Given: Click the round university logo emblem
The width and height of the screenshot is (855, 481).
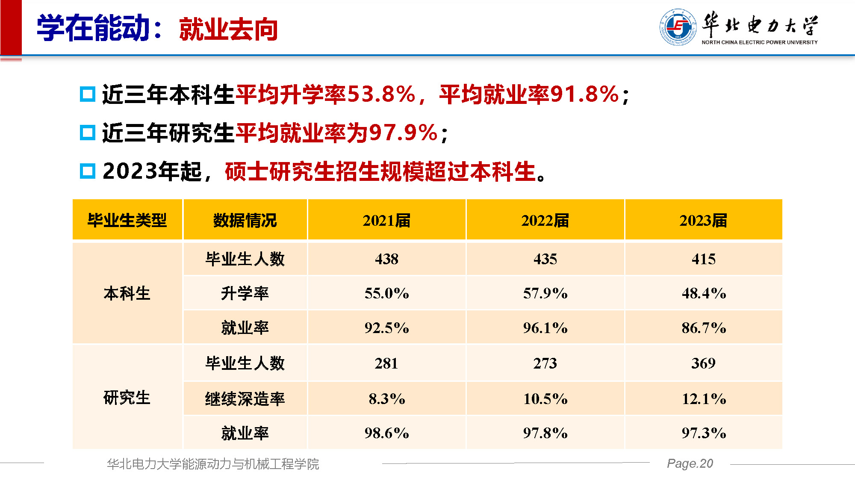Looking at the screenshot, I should (678, 27).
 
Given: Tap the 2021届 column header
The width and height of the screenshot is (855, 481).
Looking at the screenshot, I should (386, 221).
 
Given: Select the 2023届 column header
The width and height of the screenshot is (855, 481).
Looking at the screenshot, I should (703, 221).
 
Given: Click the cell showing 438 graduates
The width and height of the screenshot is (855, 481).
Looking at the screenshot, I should (386, 259).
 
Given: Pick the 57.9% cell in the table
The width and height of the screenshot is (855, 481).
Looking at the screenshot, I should (545, 293).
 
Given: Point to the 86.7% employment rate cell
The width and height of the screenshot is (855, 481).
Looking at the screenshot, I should (703, 328).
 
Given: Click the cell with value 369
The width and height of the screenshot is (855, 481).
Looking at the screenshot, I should (703, 363).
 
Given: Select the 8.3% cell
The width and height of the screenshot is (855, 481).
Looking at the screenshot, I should (386, 399).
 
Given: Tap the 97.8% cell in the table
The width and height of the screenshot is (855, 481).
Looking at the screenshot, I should (545, 433).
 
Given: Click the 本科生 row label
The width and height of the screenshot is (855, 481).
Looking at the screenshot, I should (127, 294).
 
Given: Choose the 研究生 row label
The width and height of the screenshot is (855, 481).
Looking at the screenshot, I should (127, 398).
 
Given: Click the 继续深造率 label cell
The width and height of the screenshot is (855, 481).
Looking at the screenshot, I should (245, 399).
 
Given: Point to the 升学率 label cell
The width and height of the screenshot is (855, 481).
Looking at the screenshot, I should (245, 293).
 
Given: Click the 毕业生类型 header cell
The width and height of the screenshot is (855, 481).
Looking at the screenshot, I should (127, 221).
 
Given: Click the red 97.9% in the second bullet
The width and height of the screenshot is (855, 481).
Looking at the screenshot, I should (403, 133).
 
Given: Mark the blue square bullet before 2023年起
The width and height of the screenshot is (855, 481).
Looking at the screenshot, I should (88, 171).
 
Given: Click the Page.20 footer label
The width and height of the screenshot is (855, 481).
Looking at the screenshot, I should (690, 463).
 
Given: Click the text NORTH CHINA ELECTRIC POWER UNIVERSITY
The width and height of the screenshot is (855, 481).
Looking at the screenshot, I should (759, 42).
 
